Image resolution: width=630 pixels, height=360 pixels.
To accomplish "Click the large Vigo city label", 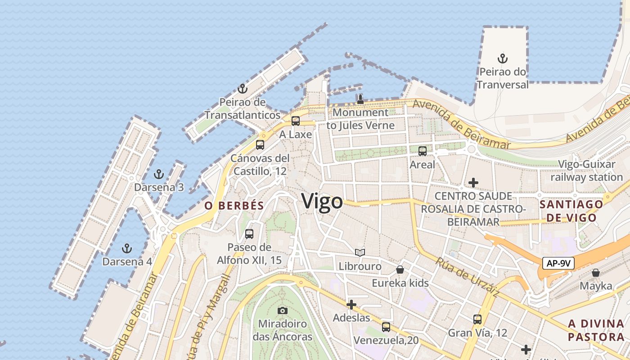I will tap(322, 202).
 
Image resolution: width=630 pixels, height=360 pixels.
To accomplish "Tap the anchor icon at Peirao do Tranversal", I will tap(502, 58).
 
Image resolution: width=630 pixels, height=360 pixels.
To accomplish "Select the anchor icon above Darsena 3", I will tap(158, 174).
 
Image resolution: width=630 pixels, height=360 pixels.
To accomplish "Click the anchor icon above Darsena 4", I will tap(127, 248).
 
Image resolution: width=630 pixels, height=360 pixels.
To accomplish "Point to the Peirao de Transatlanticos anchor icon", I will tap(243, 88).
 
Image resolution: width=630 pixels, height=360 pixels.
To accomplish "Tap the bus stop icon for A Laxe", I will tap(295, 121).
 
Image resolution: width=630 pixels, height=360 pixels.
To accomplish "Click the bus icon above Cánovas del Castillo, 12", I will tap(260, 145).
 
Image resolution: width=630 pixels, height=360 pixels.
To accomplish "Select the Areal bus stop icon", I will tap(422, 151).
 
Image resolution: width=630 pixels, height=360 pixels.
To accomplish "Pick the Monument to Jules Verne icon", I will tap(360, 99).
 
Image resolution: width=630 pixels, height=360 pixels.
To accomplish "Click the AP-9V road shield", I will tap(558, 263).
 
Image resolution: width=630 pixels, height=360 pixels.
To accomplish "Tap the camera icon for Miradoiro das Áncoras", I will tap(282, 310).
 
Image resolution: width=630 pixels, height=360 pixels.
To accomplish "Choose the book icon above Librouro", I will tap(360, 252).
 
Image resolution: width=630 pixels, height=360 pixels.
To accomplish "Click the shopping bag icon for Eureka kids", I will tap(400, 270).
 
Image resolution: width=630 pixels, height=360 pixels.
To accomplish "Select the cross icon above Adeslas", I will tap(351, 305).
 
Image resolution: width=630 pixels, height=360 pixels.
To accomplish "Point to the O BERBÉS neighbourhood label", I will tap(234, 206).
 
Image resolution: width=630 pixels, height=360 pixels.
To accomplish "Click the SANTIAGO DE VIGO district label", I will tap(571, 211).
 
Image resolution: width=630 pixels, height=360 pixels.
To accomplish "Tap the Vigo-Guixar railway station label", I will tap(586, 171).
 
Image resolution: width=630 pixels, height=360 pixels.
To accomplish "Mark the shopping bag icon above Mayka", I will tap(595, 273).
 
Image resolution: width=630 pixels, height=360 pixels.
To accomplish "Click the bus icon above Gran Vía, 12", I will tap(477, 319).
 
